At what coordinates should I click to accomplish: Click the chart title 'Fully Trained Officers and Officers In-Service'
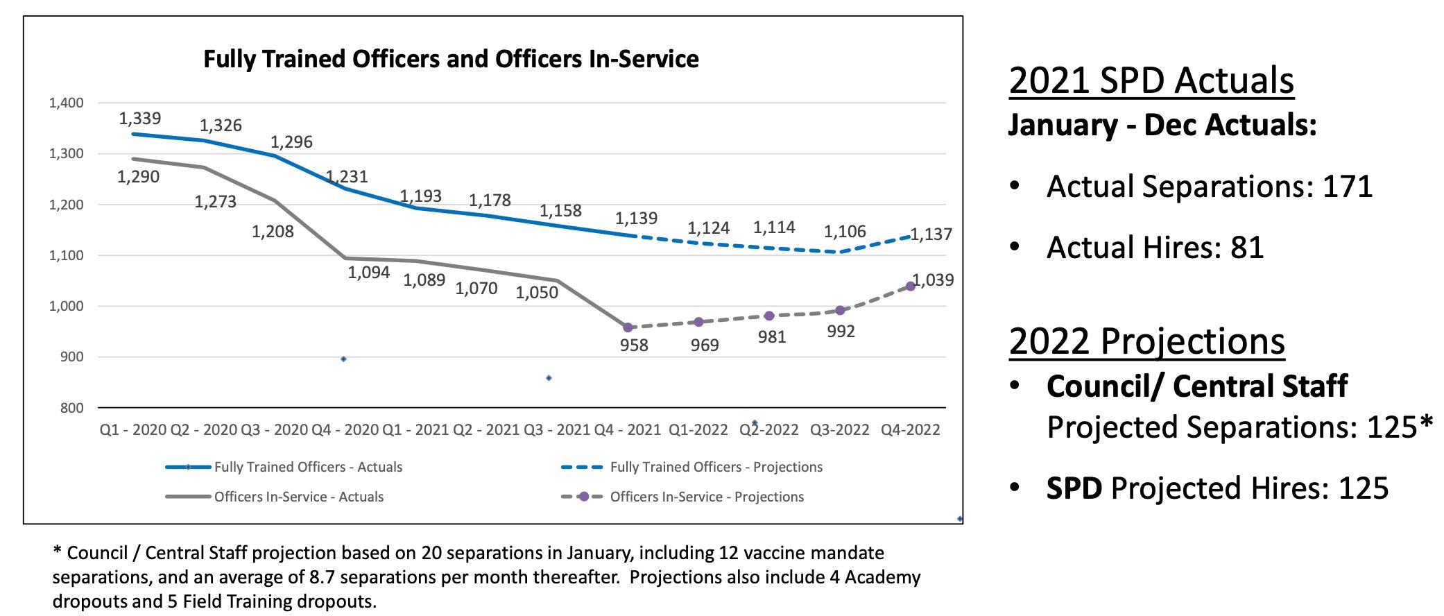(451, 59)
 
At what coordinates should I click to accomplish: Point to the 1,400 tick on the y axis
(66, 103)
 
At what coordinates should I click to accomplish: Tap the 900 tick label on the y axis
(71, 357)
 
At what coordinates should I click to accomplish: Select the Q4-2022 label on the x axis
(910, 430)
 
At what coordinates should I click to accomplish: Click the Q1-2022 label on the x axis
(698, 430)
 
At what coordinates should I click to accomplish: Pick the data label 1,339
(139, 119)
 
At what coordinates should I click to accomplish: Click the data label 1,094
(368, 273)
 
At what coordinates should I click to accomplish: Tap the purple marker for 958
(628, 327)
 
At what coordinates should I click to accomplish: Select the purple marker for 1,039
(911, 286)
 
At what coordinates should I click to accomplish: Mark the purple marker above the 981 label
(769, 316)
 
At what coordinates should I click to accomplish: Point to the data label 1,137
(931, 234)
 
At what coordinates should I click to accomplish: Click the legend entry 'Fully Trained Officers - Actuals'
(307, 467)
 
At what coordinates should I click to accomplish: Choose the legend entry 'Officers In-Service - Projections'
(706, 497)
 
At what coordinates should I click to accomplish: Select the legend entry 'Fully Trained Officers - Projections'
(716, 467)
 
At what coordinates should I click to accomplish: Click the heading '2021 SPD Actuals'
(1151, 80)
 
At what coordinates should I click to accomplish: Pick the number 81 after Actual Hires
(1247, 248)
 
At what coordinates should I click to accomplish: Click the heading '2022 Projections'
(1146, 341)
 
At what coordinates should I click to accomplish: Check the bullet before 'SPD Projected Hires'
(1015, 488)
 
